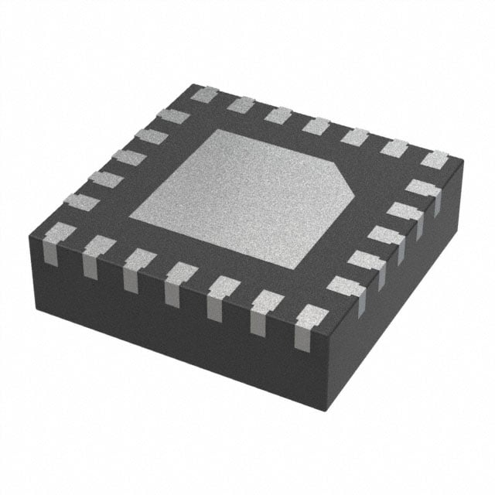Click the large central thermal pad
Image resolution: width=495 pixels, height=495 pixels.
coord(240,197)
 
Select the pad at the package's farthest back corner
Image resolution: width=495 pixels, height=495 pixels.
coord(204,95)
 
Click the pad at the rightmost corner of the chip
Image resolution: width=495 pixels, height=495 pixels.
coord(435,159)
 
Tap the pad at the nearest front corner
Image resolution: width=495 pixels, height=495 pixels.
coord(311,317)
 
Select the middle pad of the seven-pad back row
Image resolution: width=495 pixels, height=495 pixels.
coord(316,125)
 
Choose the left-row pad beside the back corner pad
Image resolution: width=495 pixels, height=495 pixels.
coord(172,117)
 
